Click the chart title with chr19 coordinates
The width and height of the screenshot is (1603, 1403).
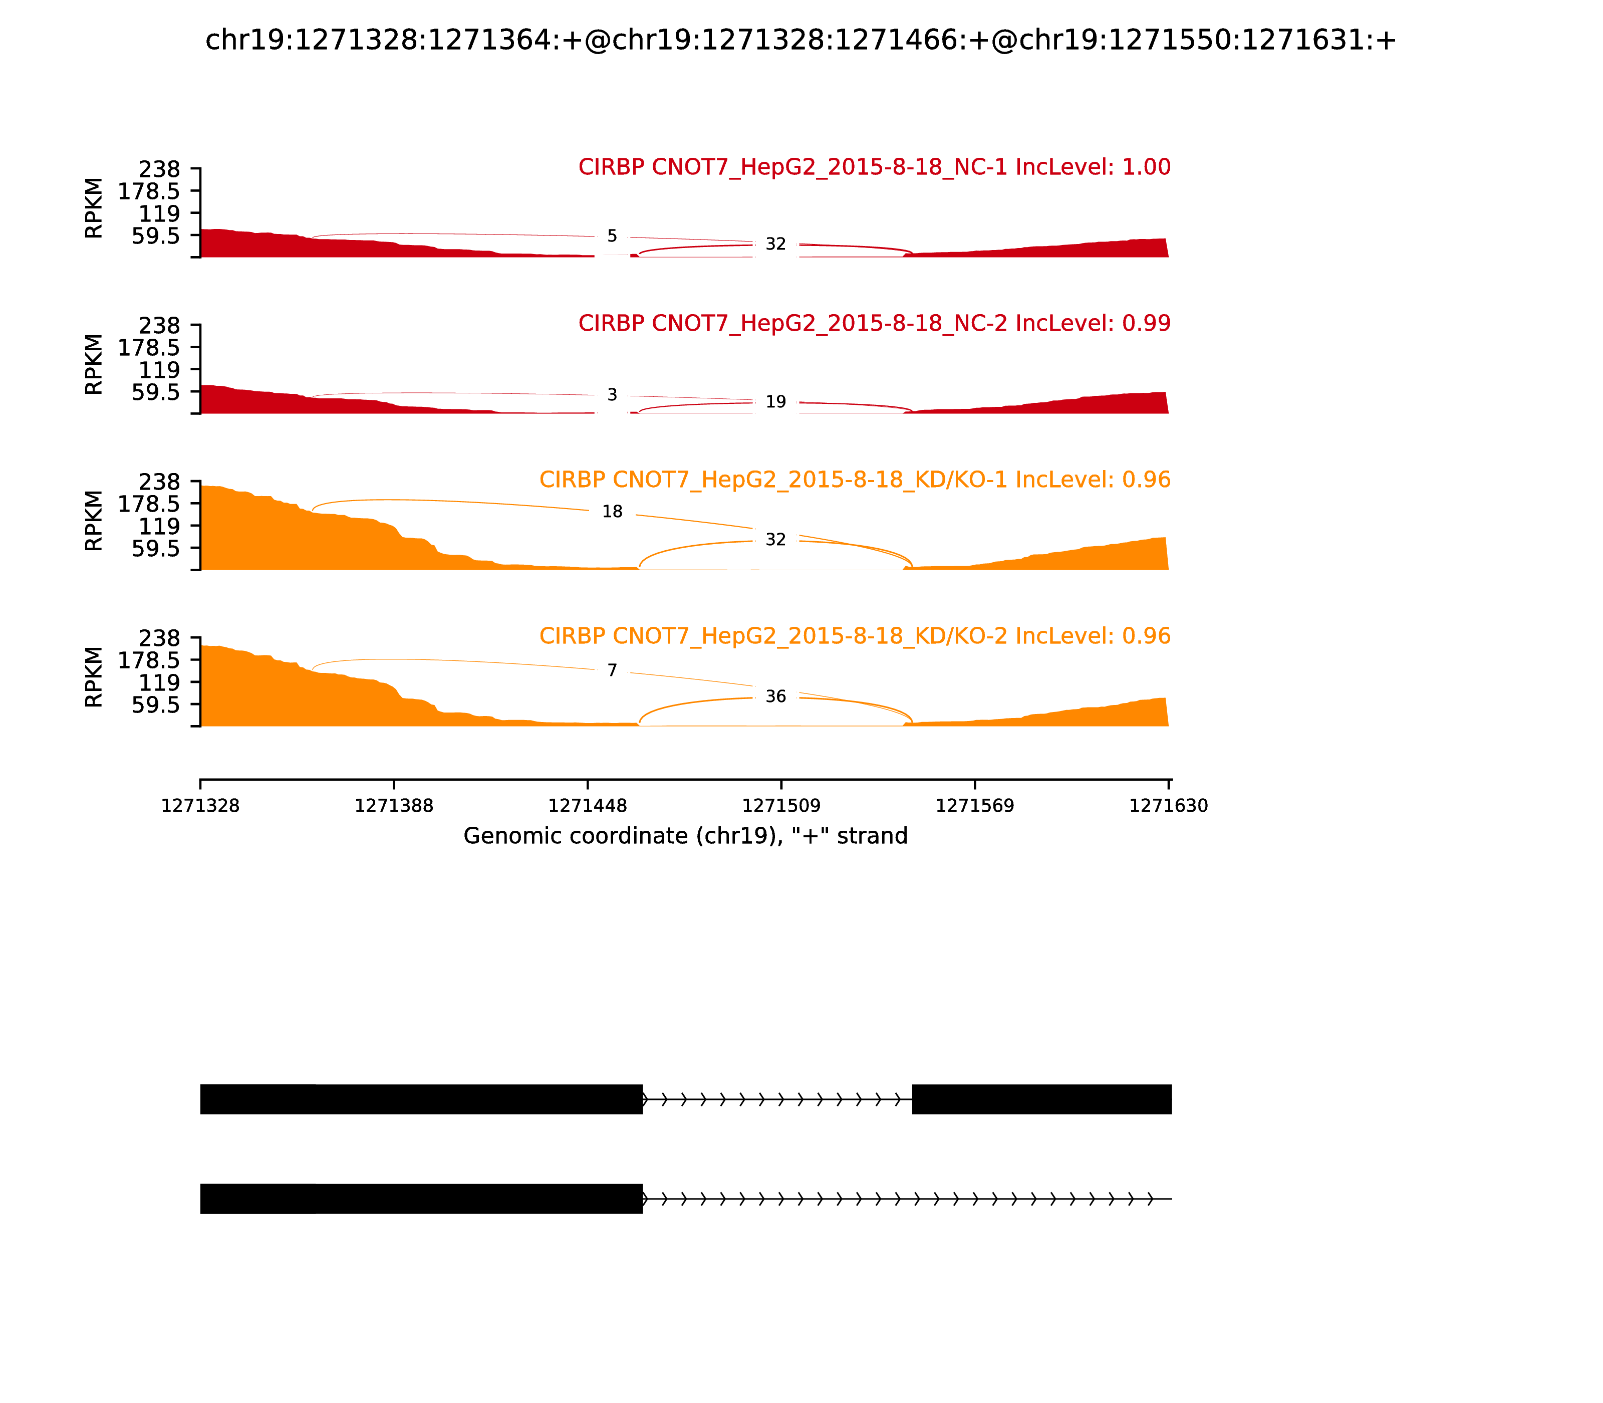[800, 40]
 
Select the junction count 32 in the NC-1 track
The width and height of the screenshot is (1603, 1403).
[775, 245]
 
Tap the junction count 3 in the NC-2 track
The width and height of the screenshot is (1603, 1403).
[612, 395]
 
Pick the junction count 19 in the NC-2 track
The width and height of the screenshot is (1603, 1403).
[775, 402]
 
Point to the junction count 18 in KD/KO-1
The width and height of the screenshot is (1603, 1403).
[612, 511]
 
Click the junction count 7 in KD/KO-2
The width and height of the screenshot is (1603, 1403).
[612, 670]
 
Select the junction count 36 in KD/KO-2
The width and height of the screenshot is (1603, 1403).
[775, 696]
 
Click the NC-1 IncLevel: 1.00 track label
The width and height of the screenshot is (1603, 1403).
[874, 167]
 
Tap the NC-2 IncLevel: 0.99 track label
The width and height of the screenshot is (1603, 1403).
[874, 323]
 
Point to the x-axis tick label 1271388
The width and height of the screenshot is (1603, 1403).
[394, 806]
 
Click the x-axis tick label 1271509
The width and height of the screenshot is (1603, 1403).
[781, 806]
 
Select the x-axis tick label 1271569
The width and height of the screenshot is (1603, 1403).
[974, 806]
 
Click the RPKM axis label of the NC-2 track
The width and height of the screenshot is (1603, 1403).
[93, 364]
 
